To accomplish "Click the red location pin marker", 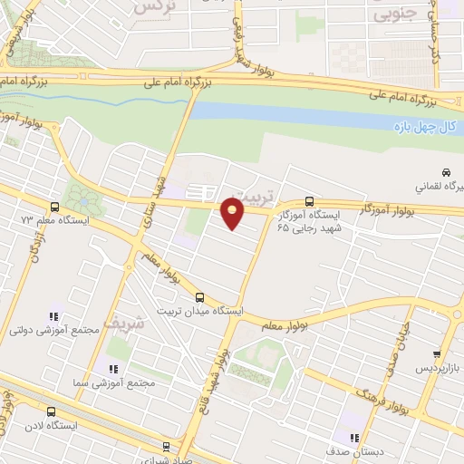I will pos(234,215).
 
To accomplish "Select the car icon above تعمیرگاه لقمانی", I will pos(446,172).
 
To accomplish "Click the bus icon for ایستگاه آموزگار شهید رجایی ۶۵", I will pos(310,201).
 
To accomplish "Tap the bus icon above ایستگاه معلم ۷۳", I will pos(56,207).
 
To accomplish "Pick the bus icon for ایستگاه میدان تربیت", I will pos(200,297).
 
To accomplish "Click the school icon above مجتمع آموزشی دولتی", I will pos(54,316).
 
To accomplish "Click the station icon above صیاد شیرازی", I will pos(165,446).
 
